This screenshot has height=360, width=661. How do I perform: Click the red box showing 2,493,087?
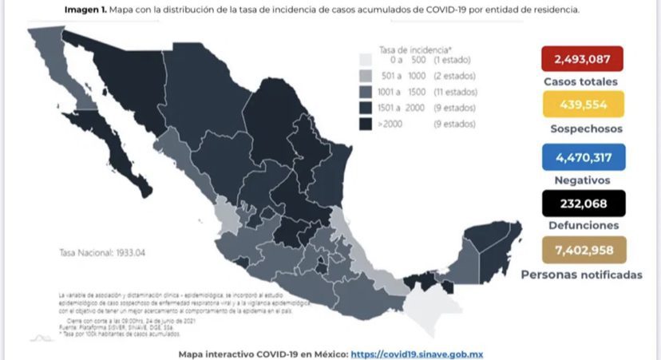point(582,59)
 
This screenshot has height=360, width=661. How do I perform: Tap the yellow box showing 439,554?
point(582,105)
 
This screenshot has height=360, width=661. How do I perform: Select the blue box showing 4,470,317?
point(582,156)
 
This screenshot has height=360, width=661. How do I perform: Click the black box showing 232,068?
point(582,204)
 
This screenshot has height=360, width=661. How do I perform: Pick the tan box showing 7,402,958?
point(582,250)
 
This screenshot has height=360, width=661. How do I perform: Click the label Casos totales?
point(581,82)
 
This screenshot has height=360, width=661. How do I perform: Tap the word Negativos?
point(582,180)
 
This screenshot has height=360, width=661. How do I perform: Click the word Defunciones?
point(582,227)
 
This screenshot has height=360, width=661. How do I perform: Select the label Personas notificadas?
point(581,275)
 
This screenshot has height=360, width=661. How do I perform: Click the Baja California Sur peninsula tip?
point(142,189)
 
